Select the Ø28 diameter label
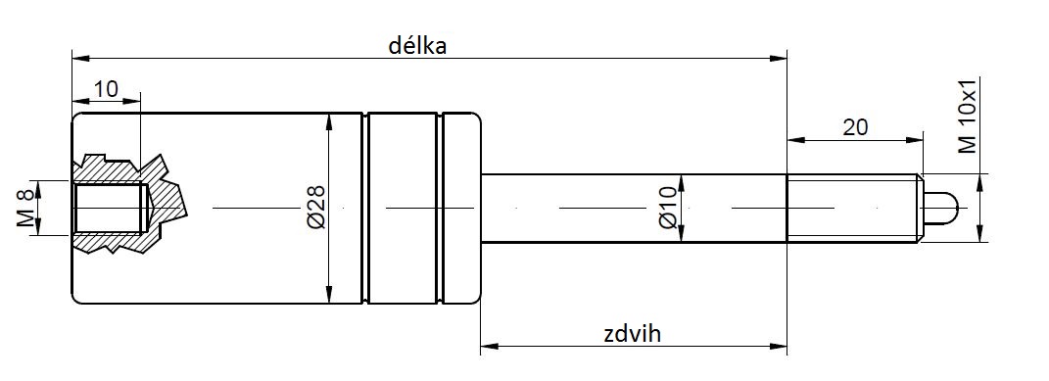(316, 208)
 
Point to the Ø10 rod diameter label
(669, 209)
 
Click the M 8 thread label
(24, 208)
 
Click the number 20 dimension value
(855, 127)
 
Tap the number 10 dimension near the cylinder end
(106, 88)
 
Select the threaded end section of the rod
(854, 208)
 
